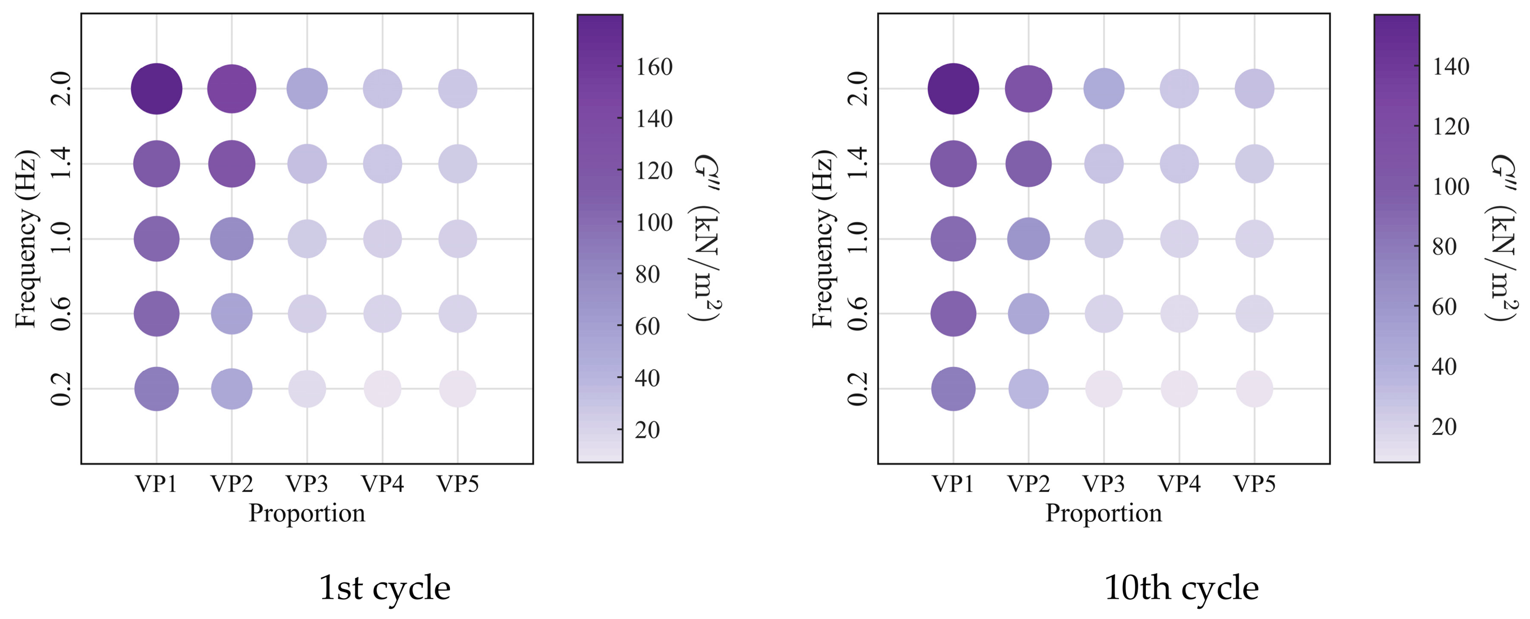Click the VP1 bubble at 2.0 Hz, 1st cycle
point(156,89)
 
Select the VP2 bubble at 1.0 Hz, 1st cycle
point(232,239)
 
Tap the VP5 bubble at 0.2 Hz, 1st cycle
point(457,389)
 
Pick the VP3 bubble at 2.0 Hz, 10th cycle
point(1104,89)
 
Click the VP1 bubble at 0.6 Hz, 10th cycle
point(953,314)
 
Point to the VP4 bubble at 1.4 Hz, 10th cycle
point(1179,164)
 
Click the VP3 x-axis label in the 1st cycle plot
point(307,484)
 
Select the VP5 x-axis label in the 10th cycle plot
point(1254,484)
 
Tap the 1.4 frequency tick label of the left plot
point(61,164)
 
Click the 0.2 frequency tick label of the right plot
point(857,389)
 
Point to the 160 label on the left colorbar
point(654,67)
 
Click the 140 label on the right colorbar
point(1451,66)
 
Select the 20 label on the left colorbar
point(647,429)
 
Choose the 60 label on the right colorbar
point(1445,306)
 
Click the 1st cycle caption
point(385,588)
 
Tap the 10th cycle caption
point(1181,588)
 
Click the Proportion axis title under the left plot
point(306,513)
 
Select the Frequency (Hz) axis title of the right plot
point(823,239)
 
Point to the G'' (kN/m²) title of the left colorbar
point(706,238)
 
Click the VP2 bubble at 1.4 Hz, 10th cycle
point(1028,164)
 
